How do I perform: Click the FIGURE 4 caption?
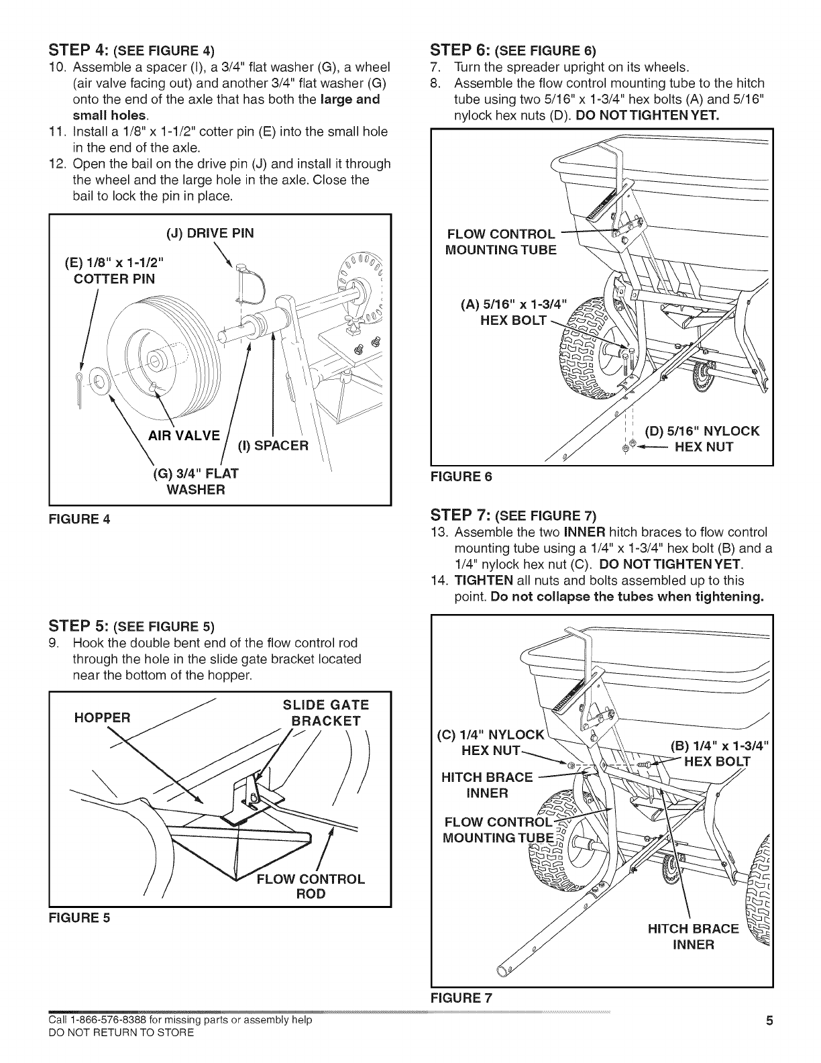point(79,519)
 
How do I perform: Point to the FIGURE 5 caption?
point(79,919)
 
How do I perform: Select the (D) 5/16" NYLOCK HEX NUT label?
point(702,439)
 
